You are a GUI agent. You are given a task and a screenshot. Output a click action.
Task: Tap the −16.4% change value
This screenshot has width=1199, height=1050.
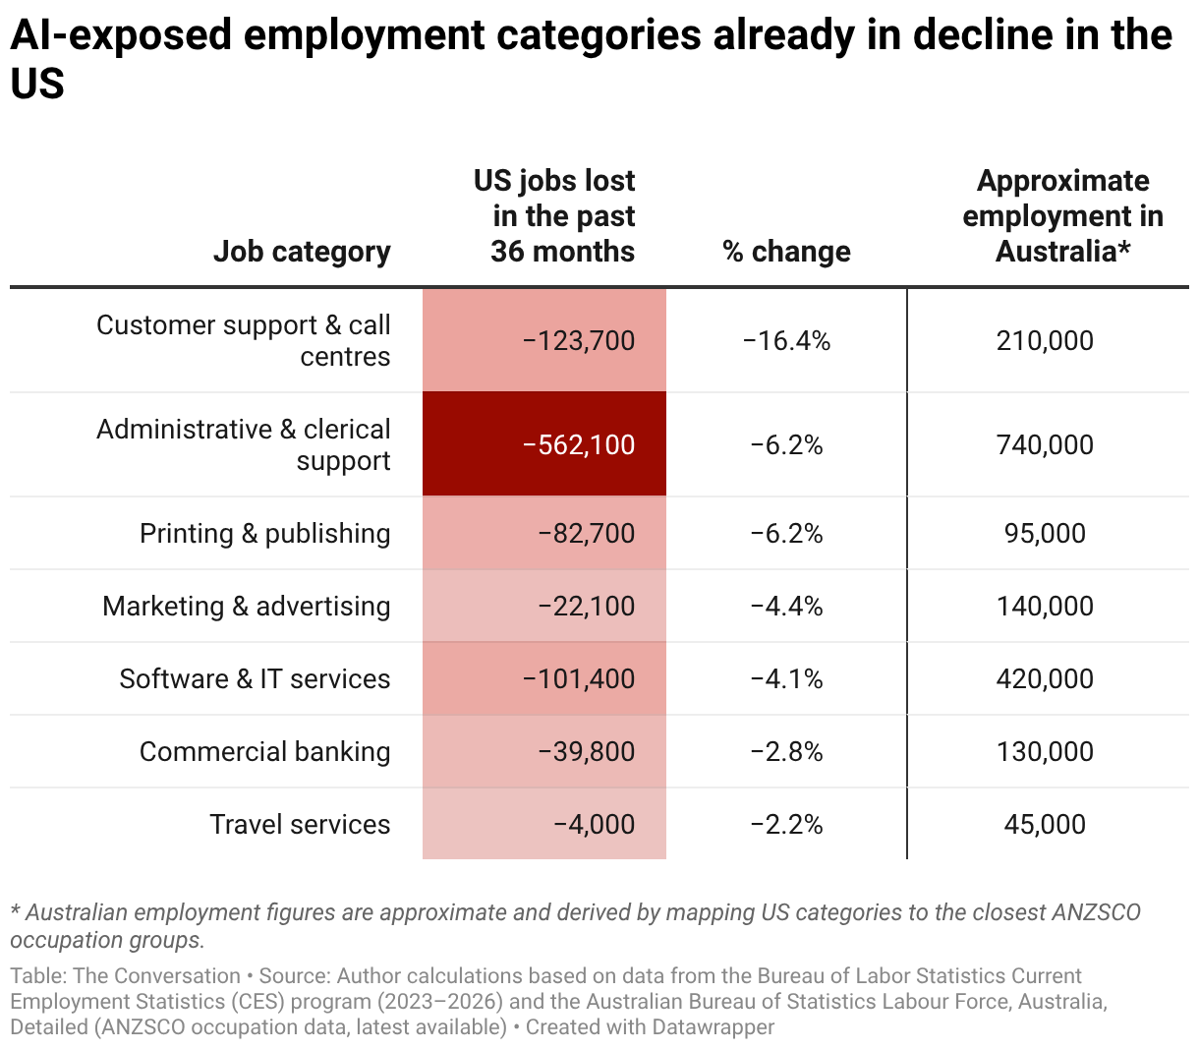click(x=786, y=341)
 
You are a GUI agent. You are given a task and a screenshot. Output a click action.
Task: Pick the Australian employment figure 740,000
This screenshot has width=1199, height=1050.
click(x=1045, y=445)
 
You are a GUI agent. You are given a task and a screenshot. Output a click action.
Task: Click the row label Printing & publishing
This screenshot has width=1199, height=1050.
click(x=264, y=534)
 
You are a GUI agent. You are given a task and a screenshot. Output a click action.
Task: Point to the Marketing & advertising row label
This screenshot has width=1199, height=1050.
click(x=246, y=607)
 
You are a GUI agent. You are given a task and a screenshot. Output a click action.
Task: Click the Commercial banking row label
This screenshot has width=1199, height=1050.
click(x=264, y=752)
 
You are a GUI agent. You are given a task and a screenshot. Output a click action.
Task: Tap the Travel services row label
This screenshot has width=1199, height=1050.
click(x=300, y=825)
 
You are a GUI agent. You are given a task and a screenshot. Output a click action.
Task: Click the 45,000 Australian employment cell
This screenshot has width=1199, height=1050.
click(x=1045, y=825)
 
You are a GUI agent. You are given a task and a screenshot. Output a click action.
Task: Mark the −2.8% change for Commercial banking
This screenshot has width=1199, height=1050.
click(x=786, y=752)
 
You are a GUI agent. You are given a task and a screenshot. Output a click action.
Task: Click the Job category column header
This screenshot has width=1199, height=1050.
click(x=302, y=252)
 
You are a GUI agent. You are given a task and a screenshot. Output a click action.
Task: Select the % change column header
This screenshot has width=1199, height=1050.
click(x=786, y=252)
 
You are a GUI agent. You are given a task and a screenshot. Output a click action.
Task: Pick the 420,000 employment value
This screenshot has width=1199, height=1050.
click(x=1045, y=679)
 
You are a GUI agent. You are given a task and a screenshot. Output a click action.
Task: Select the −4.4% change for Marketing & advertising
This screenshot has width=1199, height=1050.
click(x=786, y=607)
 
